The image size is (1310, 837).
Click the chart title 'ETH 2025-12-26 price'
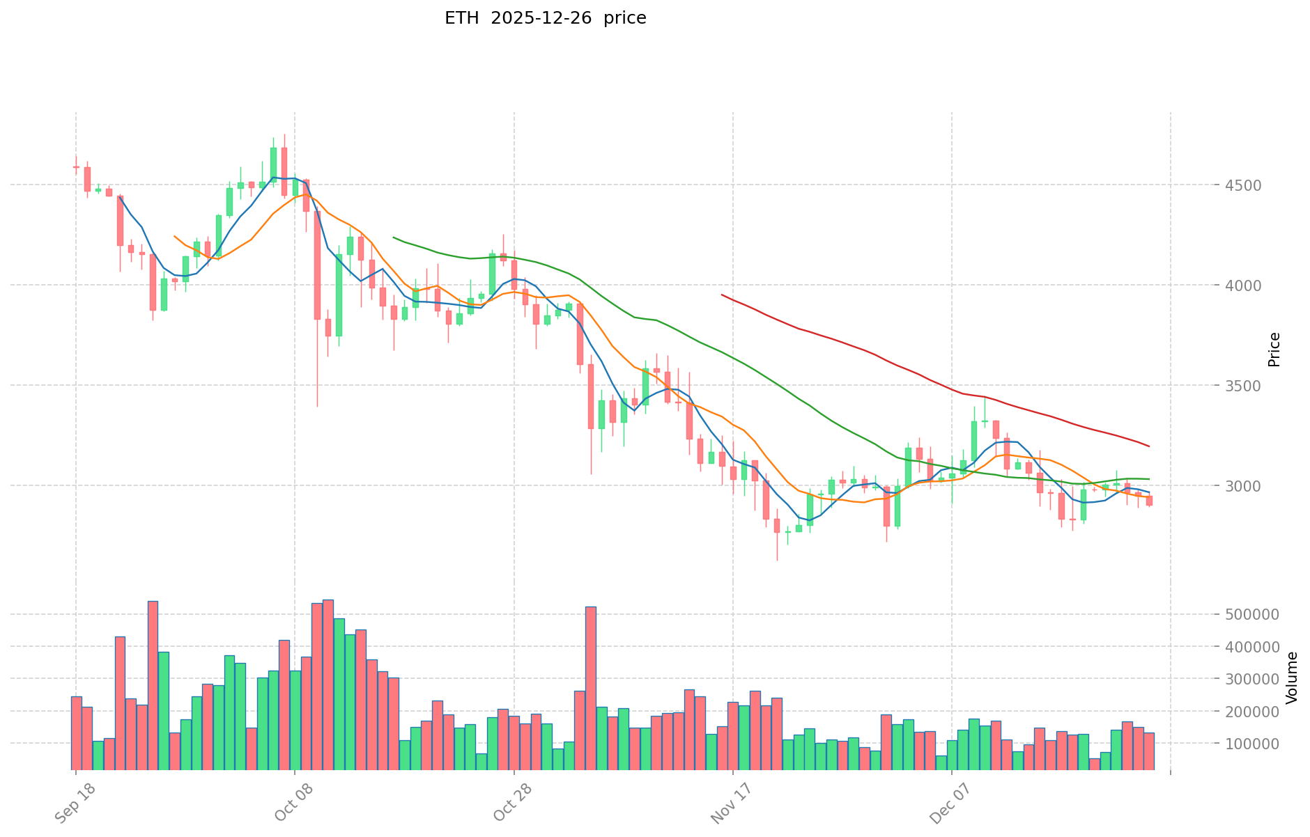pyautogui.click(x=545, y=18)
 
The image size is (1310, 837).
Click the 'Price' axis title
pyautogui.click(x=1274, y=350)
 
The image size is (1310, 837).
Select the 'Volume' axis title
pyautogui.click(x=1292, y=678)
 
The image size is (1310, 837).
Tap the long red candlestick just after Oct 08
pyautogui.click(x=317, y=265)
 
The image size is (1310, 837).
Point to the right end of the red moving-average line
pyautogui.click(x=1149, y=446)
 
